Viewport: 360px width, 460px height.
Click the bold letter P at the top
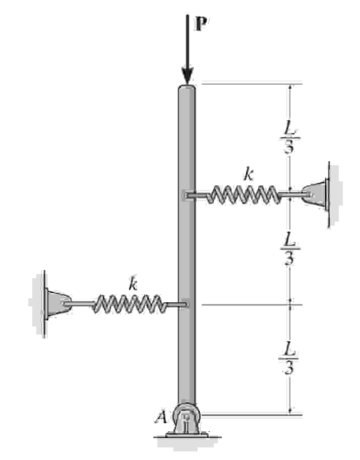tap(201, 24)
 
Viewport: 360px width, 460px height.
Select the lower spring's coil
tap(129, 304)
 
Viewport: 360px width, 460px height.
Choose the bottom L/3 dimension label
tap(288, 358)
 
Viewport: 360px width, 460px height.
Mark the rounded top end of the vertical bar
tap(187, 89)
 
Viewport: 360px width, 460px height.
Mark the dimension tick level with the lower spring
tap(290, 304)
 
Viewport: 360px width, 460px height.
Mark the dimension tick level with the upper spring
tap(290, 194)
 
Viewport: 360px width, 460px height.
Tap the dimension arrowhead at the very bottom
tap(290, 411)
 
